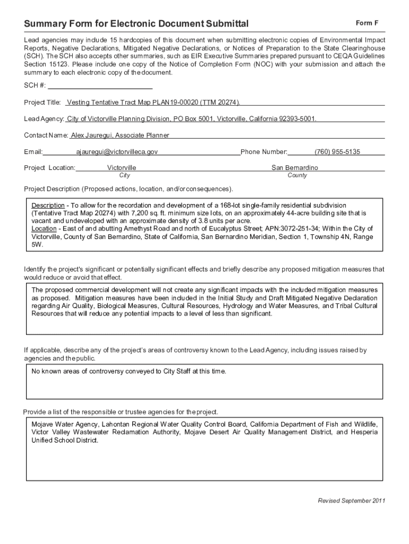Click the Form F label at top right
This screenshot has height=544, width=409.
coord(367,23)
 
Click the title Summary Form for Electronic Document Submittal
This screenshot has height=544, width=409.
coord(136,24)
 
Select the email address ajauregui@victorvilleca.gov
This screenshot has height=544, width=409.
coord(117,152)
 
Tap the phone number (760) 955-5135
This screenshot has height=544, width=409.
coord(337,152)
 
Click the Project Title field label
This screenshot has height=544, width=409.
coord(42,102)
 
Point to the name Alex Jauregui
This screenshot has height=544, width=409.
coord(91,135)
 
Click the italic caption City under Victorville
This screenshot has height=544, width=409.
coord(124,175)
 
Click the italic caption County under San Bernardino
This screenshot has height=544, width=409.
coord(297,175)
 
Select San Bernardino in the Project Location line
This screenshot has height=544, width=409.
coord(295,167)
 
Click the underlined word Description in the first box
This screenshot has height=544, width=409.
coord(48,205)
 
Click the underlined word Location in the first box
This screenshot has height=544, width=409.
coord(44,229)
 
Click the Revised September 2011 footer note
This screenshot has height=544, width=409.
coord(351,501)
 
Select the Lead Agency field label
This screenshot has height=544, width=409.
coord(44,118)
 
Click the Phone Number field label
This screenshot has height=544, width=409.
coord(264,152)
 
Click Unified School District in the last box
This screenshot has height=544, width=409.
coord(65,440)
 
